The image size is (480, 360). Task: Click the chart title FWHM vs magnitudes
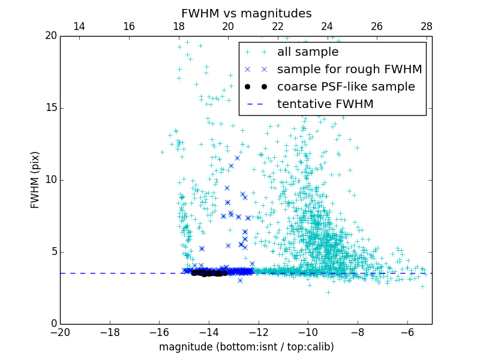tap(246, 13)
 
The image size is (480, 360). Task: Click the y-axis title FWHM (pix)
tap(35, 180)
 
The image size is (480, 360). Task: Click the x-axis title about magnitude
tap(246, 347)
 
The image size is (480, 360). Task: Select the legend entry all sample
tap(308, 52)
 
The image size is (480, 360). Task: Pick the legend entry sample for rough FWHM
tap(349, 70)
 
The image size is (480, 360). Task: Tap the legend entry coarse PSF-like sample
tap(346, 87)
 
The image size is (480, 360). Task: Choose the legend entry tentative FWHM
tap(325, 104)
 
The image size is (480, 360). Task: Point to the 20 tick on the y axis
tap(50, 36)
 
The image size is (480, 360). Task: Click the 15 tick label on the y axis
tap(50, 108)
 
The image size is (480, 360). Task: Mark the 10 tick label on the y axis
tap(50, 180)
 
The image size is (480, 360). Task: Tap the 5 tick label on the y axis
tap(53, 252)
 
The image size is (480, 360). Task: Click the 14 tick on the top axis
tap(79, 27)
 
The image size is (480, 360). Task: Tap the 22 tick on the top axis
tap(278, 27)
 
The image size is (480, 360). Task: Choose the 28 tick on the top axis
tap(427, 27)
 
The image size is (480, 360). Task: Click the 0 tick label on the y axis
tap(53, 324)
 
